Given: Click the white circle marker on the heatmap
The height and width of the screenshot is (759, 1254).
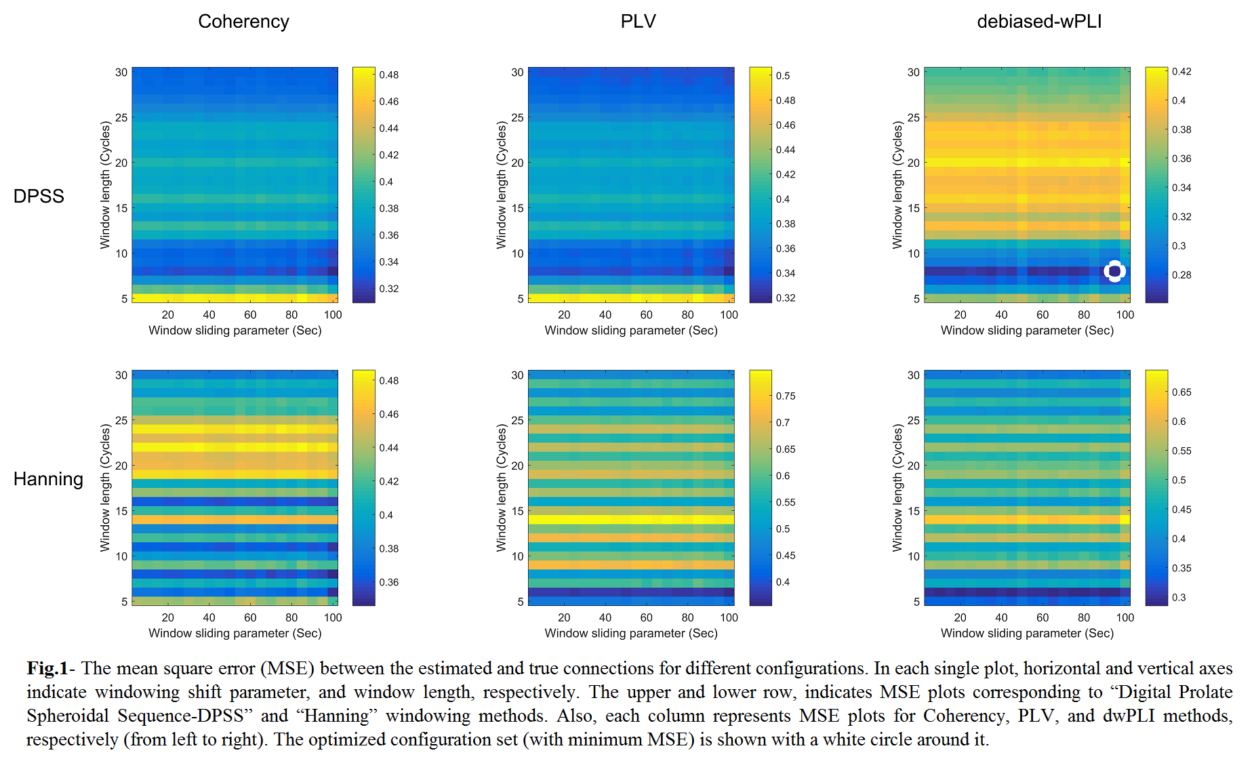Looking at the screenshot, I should (x=1114, y=271).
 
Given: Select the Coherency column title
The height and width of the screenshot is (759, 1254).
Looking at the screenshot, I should (x=243, y=22).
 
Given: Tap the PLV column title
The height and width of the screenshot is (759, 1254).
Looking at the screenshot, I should (x=638, y=22).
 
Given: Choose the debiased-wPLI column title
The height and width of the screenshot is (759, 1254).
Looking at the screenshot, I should (x=1038, y=22).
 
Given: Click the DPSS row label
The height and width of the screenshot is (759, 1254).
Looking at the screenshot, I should (x=39, y=196).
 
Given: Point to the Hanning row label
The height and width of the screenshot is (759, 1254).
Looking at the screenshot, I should (x=48, y=479).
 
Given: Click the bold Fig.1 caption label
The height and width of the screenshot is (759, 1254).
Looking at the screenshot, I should (x=47, y=668).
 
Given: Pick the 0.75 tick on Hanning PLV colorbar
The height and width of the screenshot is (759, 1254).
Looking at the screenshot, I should (x=786, y=396).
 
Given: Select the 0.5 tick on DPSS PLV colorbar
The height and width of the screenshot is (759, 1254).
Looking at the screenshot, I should (x=783, y=76).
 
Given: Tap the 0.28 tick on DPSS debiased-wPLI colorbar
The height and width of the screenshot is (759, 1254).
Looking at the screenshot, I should (x=1181, y=275).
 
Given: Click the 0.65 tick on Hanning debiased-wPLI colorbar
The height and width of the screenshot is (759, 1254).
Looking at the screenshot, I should (x=1181, y=392).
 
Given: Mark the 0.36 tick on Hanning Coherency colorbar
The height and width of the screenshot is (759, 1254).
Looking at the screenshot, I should (x=389, y=582).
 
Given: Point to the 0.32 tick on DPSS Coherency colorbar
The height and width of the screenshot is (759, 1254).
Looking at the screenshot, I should (x=389, y=289).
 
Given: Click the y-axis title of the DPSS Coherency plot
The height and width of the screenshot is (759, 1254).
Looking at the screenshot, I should (x=105, y=185).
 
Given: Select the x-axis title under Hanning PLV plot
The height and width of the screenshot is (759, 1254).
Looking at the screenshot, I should (x=631, y=633).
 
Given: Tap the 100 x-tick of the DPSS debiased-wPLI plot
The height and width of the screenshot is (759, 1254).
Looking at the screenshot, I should (x=1125, y=314).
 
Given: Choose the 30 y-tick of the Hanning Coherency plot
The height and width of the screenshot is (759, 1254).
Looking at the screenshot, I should (x=121, y=375).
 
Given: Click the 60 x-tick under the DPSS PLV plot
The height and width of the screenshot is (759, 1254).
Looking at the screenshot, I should (x=647, y=314).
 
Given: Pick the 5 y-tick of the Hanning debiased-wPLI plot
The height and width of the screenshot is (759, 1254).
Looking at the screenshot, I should (x=916, y=601).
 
